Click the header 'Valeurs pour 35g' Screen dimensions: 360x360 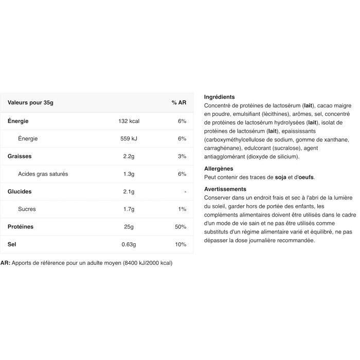coord(30,103)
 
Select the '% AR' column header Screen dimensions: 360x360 coord(178,103)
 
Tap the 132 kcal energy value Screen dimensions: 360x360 coord(129,121)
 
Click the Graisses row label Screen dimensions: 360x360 coord(20,156)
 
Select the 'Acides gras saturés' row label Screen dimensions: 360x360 coord(43,174)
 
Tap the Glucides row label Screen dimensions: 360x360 coord(20,192)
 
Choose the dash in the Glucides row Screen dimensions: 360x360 coord(184,192)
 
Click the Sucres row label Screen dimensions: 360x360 coord(27,209)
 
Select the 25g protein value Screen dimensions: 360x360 coord(129,227)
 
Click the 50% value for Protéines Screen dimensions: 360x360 coord(181,227)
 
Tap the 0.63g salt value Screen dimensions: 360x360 coord(129,244)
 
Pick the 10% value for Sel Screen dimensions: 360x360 coord(181,244)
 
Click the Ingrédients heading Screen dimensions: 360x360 coord(220,97)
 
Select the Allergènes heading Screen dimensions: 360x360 coord(219,168)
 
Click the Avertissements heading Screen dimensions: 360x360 coord(225,189)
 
